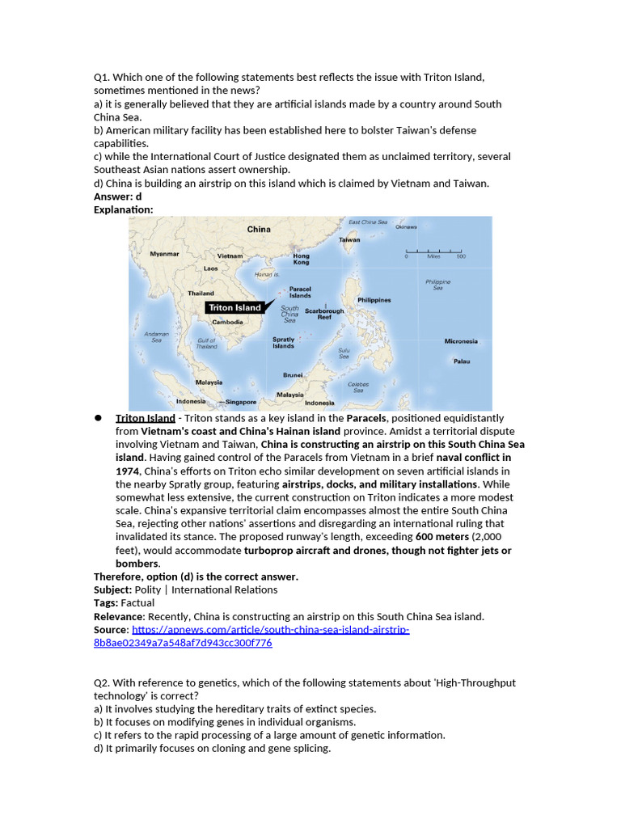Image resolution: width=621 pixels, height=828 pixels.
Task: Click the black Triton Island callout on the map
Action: click(x=234, y=307)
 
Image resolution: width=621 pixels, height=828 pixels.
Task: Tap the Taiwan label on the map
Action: click(x=349, y=239)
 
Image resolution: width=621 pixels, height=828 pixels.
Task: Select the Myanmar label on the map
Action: click(x=164, y=253)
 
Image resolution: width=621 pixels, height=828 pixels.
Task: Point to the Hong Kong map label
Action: click(x=301, y=259)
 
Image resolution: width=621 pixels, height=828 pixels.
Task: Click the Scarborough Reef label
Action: click(x=324, y=314)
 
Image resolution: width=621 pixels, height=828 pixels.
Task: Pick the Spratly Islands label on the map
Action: click(x=283, y=342)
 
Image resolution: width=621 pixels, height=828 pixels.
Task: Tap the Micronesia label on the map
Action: click(x=461, y=341)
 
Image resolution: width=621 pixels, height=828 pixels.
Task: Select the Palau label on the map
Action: click(x=461, y=361)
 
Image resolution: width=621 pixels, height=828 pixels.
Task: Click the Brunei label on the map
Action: click(x=293, y=374)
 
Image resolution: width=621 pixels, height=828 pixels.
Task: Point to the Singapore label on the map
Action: click(x=240, y=402)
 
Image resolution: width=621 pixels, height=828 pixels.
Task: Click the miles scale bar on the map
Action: click(x=435, y=250)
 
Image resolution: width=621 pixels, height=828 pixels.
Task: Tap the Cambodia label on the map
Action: click(x=227, y=322)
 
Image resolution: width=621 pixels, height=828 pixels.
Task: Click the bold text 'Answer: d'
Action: click(x=117, y=196)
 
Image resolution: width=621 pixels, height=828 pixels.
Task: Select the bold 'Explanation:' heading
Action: click(x=123, y=209)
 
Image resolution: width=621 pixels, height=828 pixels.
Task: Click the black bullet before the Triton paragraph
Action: click(x=98, y=418)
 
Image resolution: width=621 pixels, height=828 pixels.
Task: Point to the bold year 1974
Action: click(x=128, y=471)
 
